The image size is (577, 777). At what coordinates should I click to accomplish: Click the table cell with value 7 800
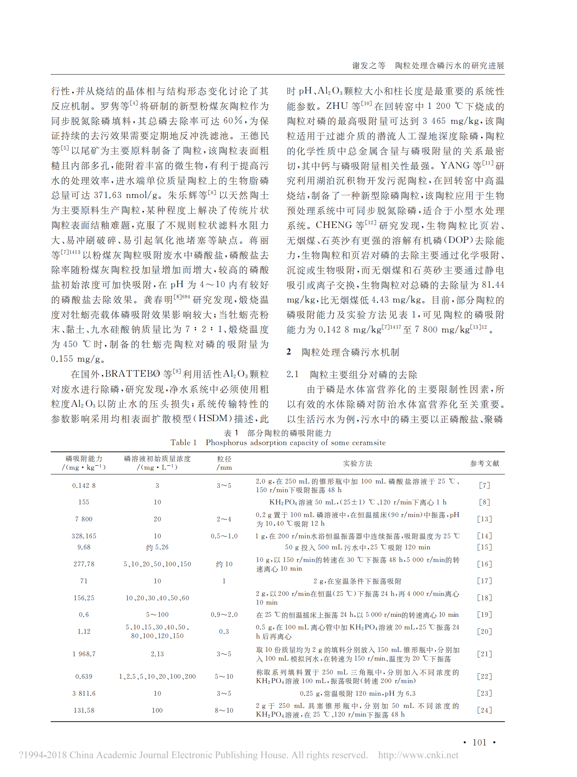pos(84,519)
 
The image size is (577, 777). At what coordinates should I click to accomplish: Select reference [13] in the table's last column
pos(485,519)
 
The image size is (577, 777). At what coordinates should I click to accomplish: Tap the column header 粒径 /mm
pos(224,463)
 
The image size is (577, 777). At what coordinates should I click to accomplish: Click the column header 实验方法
pos(358,463)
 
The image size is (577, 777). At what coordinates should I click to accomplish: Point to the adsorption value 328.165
pos(84,536)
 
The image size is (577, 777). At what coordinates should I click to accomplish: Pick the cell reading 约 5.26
pos(157,547)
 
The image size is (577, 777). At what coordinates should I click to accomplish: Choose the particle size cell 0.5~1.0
pos(224,536)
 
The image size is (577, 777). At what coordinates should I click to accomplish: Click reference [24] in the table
pos(485,710)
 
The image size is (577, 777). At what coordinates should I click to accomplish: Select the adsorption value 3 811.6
pos(84,693)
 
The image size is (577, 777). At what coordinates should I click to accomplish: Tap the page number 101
pos(479,742)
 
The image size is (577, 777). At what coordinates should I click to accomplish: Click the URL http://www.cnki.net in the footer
pos(418,755)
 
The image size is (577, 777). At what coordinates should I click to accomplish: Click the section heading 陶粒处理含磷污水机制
pos(350,352)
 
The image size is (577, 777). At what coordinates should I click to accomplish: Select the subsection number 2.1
pos(293,374)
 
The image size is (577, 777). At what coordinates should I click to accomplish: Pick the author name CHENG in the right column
pos(333,225)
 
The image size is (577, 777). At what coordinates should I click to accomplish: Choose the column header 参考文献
pos(485,463)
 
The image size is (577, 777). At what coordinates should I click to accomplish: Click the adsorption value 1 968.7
pos(84,654)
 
